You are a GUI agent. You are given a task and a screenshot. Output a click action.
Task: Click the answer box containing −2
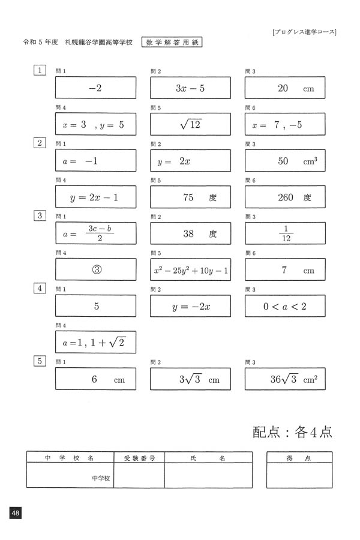tap(95, 88)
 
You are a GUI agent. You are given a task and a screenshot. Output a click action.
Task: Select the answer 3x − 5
tap(190, 88)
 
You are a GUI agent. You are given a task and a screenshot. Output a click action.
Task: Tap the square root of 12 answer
tap(190, 124)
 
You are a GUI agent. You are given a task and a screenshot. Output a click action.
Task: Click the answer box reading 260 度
tap(285, 197)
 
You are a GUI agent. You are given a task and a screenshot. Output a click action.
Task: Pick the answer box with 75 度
tap(190, 197)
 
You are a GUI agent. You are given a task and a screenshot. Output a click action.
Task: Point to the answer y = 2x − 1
tap(95, 197)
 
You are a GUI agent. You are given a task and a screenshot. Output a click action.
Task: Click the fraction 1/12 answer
tap(285, 233)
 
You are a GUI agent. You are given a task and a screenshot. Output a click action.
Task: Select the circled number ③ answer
tap(95, 269)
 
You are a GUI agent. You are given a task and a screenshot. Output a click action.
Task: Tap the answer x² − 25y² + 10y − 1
tap(190, 270)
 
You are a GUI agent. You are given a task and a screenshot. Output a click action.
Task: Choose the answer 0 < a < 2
tap(285, 306)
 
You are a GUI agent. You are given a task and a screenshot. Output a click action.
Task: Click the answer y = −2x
tap(190, 306)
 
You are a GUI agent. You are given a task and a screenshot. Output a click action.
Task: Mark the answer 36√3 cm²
tap(285, 379)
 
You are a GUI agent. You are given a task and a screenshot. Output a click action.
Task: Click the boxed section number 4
tap(40, 288)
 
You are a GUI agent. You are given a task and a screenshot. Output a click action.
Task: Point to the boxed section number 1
tap(40, 70)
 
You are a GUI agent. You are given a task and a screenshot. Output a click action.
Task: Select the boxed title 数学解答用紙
tap(173, 42)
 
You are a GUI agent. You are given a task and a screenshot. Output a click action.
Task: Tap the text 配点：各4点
tap(292, 432)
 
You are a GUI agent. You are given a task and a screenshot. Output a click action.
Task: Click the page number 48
tap(16, 513)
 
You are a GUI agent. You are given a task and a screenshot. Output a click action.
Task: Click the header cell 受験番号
tap(139, 458)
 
